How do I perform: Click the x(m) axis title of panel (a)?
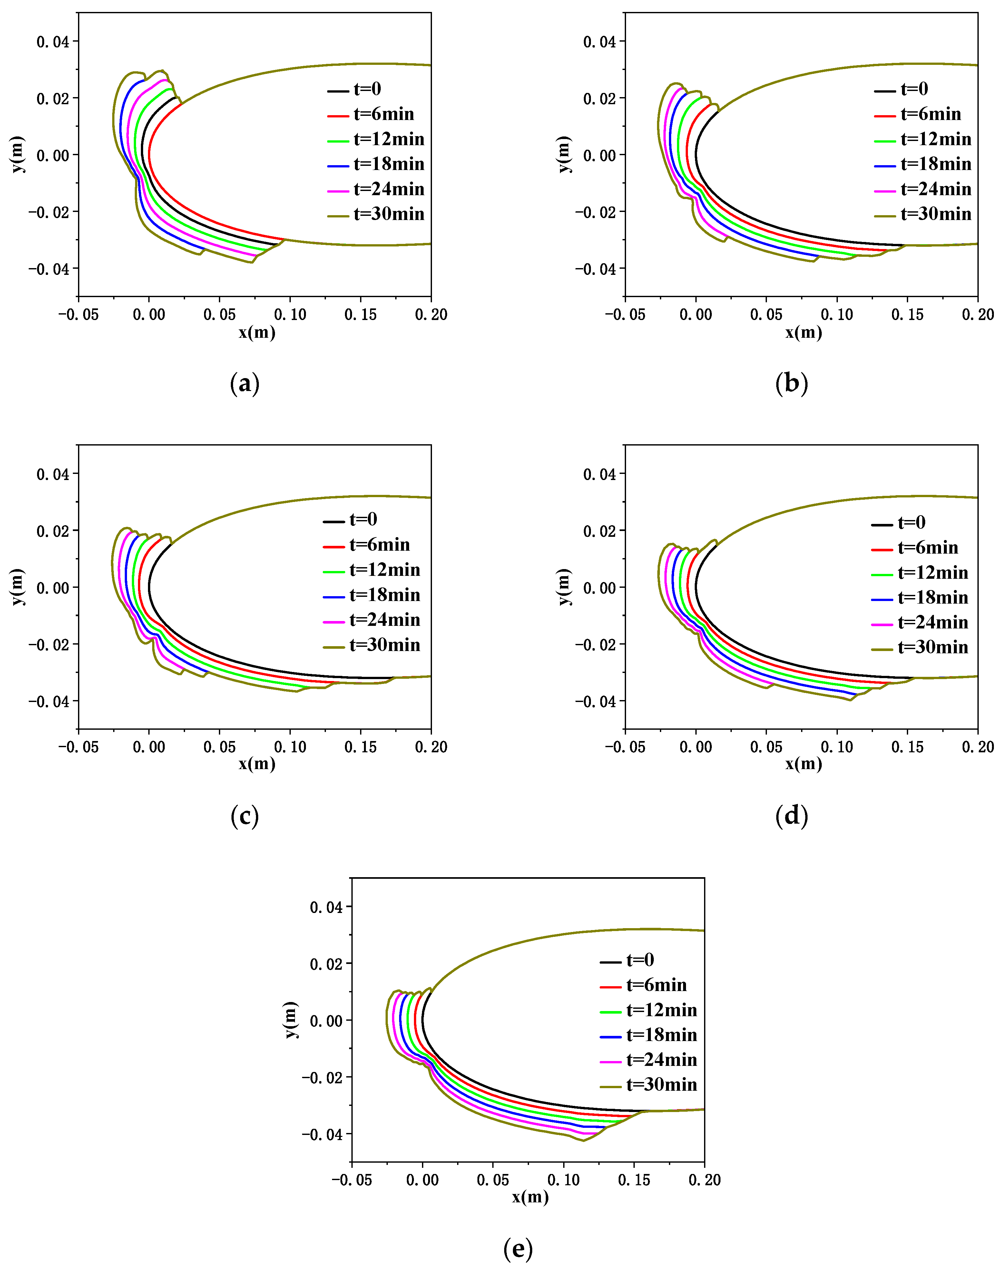tap(257, 333)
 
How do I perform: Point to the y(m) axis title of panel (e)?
tap(291, 1020)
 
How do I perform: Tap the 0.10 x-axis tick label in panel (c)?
tap(290, 747)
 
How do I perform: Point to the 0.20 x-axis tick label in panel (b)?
tap(978, 315)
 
